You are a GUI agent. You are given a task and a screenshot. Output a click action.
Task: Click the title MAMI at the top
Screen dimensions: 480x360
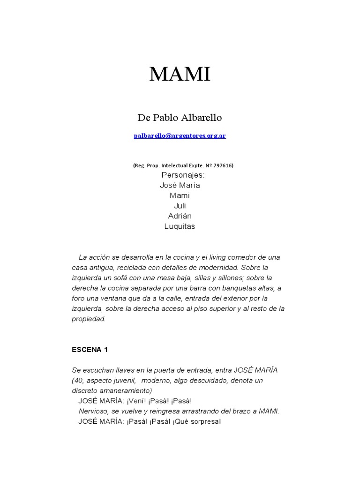(x=180, y=75)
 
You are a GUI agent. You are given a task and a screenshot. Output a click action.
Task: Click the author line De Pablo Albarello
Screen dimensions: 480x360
(x=180, y=118)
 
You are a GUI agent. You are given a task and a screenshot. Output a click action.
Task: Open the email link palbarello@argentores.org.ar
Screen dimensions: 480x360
(x=180, y=136)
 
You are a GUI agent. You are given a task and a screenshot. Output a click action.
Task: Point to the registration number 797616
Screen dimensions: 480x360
(x=223, y=165)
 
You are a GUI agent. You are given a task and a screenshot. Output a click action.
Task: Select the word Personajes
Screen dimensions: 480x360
(x=183, y=175)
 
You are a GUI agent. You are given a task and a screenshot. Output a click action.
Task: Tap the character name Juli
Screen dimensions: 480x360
(x=180, y=206)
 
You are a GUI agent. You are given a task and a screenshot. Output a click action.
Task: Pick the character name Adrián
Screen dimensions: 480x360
(x=180, y=216)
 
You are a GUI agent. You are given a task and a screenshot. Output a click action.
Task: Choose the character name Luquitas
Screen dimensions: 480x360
(x=180, y=226)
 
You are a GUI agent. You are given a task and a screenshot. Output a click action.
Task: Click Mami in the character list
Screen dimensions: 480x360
(x=180, y=195)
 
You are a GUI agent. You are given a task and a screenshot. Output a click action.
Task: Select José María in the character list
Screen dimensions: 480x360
(x=180, y=185)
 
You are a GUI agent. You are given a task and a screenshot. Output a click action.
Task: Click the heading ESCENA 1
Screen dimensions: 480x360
(x=90, y=350)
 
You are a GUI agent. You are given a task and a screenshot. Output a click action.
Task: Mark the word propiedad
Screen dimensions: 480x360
(x=89, y=319)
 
